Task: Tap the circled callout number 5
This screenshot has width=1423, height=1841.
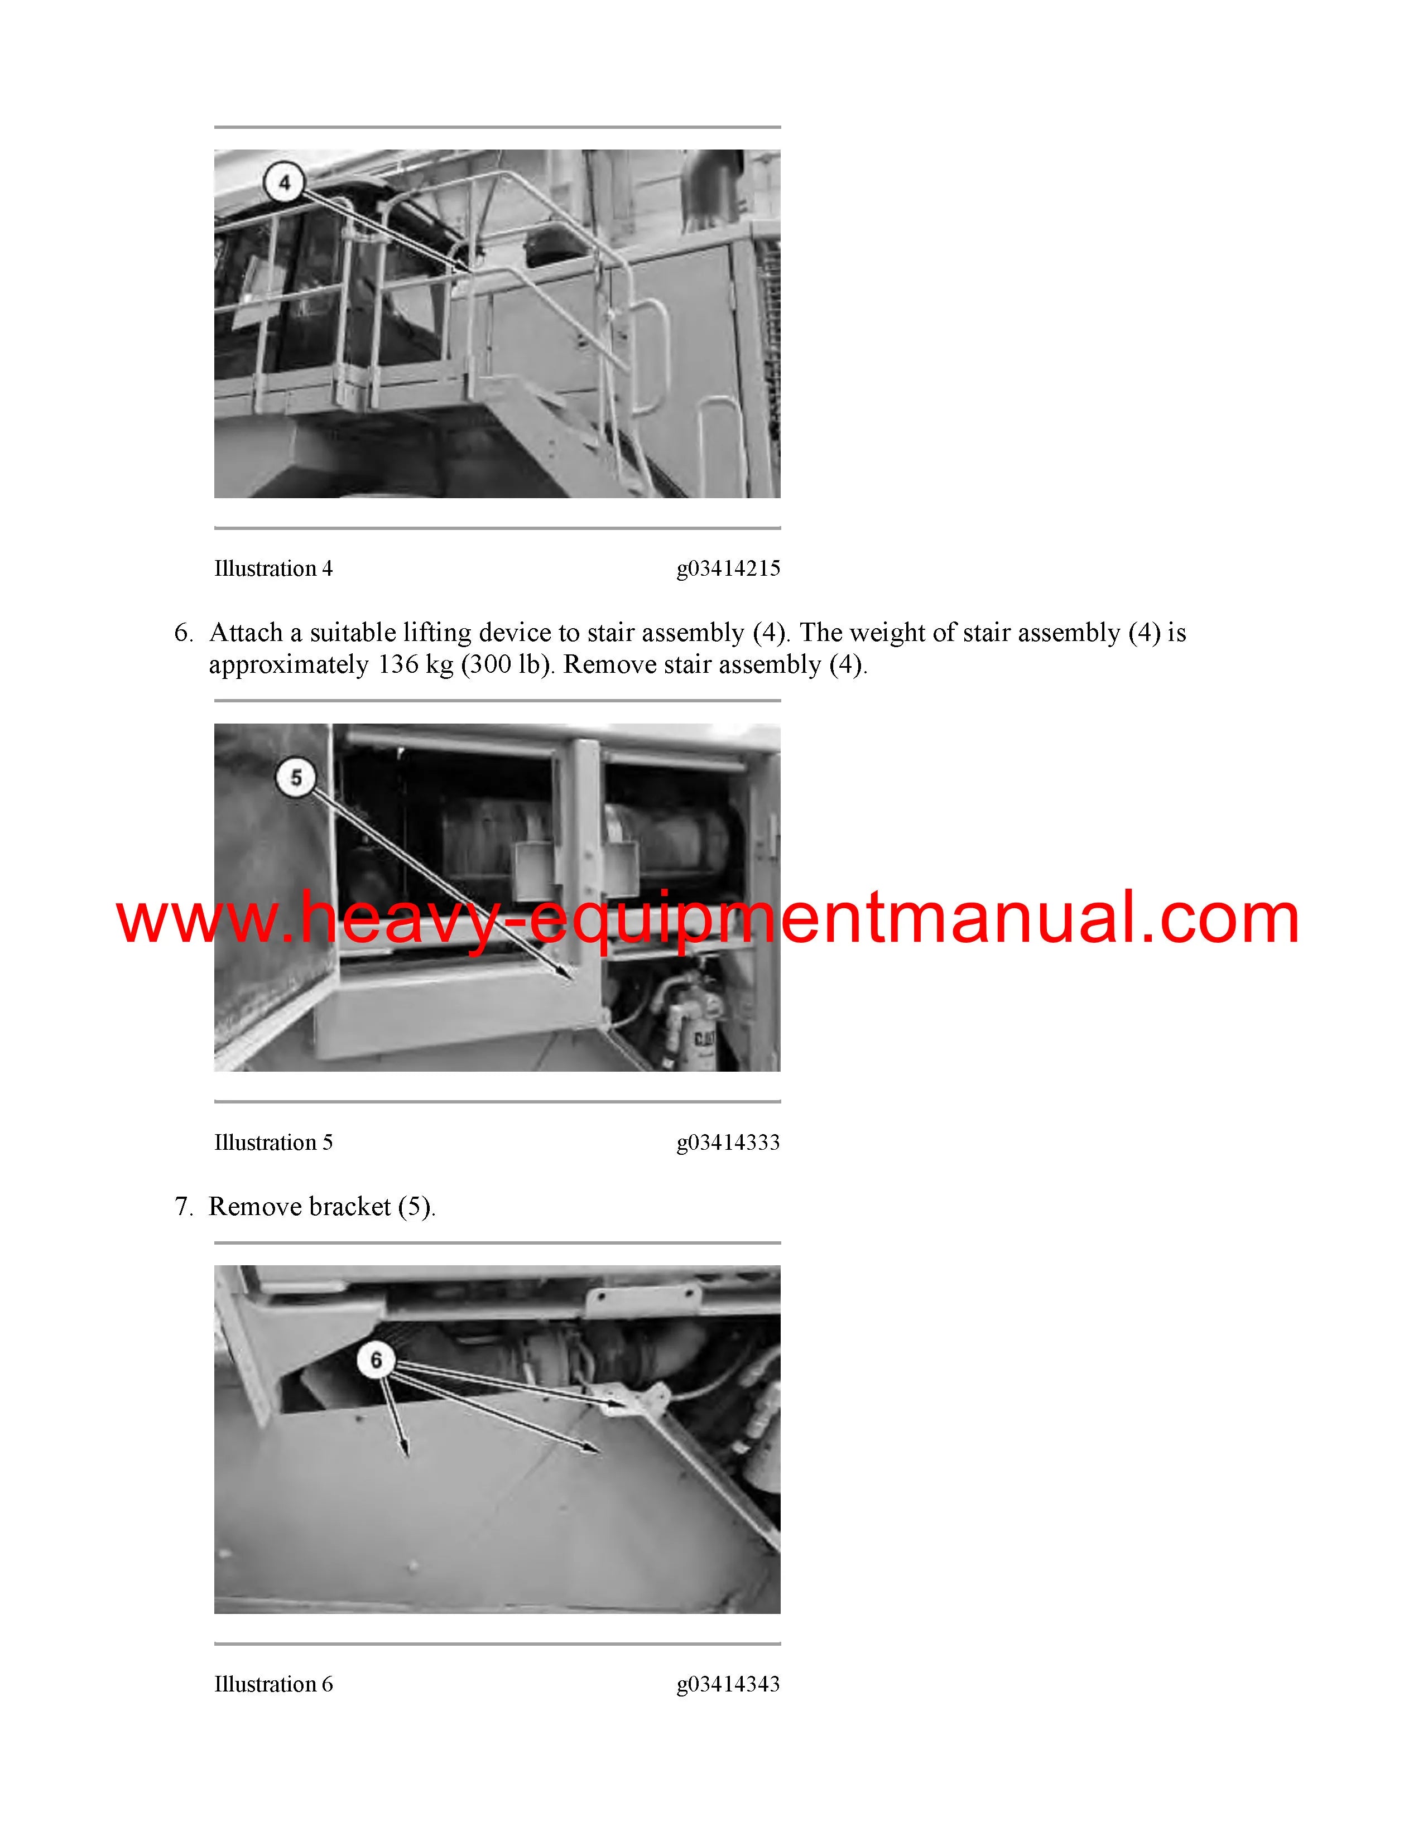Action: pyautogui.click(x=296, y=777)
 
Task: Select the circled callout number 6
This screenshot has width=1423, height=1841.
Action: pyautogui.click(x=376, y=1359)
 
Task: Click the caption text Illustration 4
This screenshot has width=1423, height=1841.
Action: pyautogui.click(x=273, y=569)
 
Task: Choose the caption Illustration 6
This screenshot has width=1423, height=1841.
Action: pyautogui.click(x=273, y=1684)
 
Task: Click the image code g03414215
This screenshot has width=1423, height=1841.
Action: pyautogui.click(x=728, y=569)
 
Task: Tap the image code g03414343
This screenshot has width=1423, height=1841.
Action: pyautogui.click(x=728, y=1684)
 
